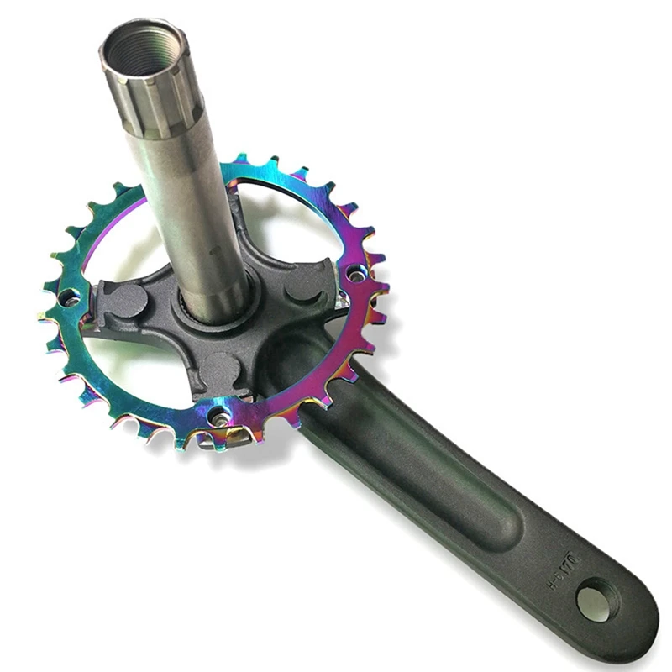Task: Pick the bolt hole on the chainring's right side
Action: tap(357, 272)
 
